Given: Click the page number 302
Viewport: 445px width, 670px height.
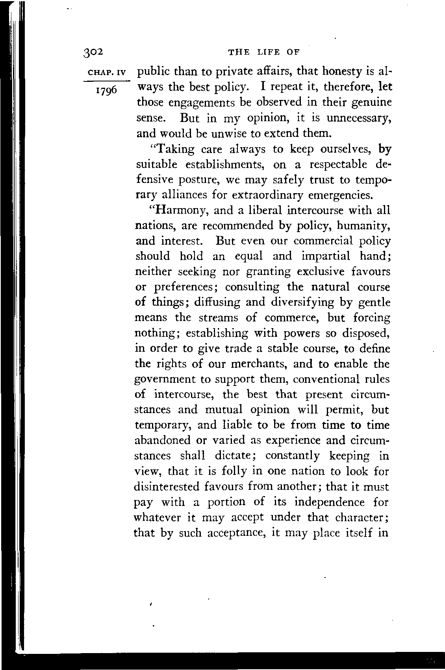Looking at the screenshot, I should point(93,52).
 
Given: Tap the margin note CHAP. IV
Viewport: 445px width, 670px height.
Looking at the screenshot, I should point(107,73).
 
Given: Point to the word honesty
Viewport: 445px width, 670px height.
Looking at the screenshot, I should point(338,72).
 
